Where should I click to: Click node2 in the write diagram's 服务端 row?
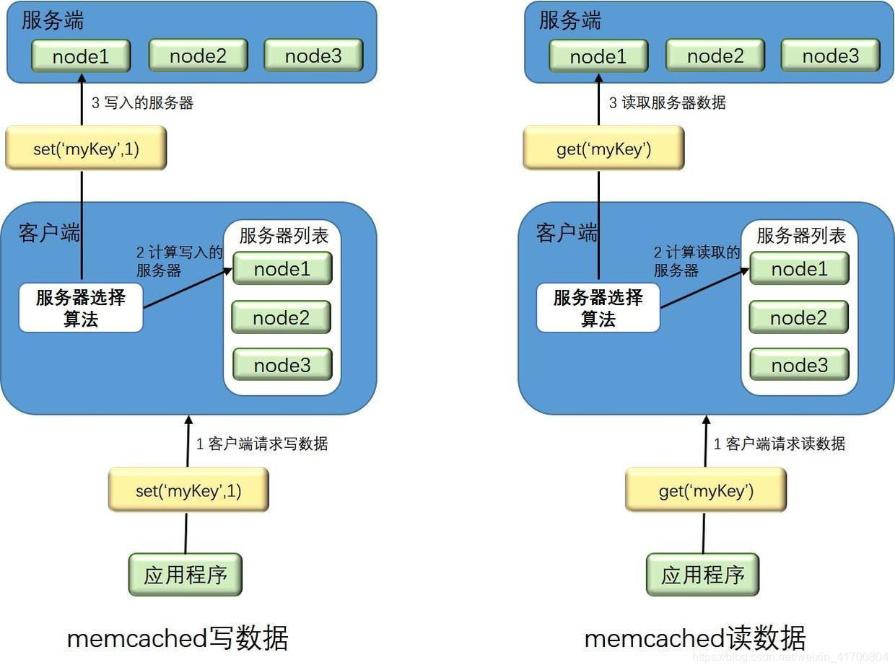point(198,56)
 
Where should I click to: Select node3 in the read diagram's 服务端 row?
point(830,56)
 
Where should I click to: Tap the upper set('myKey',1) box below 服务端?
point(86,149)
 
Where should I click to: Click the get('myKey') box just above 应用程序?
point(705,490)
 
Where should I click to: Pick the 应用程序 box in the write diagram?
point(185,575)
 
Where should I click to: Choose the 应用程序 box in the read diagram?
point(702,575)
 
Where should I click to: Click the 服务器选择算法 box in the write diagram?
point(81,308)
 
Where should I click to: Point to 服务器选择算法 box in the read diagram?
point(598,308)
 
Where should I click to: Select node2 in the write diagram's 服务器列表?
point(281,317)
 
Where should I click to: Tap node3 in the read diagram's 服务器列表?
point(799,365)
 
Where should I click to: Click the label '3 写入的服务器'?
point(142,102)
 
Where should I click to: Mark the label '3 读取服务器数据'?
point(667,102)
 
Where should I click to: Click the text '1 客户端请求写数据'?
point(262,444)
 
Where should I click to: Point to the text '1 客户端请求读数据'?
point(780,444)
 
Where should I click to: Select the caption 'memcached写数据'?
point(178,638)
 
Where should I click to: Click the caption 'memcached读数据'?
point(694,638)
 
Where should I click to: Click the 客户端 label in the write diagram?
point(50,233)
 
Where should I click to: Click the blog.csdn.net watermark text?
point(790,657)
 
